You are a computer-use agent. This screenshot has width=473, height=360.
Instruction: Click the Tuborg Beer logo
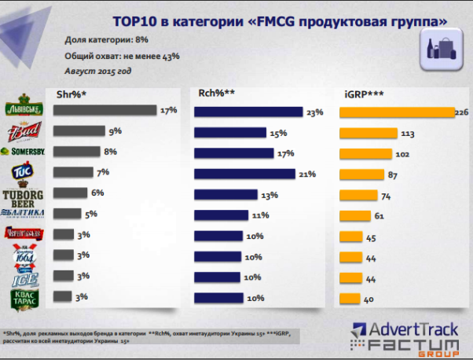pyautogui.click(x=26, y=195)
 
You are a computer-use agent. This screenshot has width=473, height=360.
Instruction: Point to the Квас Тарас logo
pyautogui.click(x=25, y=298)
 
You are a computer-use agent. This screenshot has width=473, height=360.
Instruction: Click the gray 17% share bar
pyautogui.click(x=104, y=111)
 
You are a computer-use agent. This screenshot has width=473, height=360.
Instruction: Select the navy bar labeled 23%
pyautogui.click(x=248, y=112)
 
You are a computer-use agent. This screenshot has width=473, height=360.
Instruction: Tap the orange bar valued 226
pyautogui.click(x=396, y=112)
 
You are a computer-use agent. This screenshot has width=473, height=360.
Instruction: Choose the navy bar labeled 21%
pyautogui.click(x=244, y=173)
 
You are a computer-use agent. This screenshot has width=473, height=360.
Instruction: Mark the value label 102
pyautogui.click(x=403, y=153)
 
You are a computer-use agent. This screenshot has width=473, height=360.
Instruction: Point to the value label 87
pyautogui.click(x=396, y=174)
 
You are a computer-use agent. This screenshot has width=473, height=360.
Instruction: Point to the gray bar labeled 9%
pyautogui.click(x=79, y=131)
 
